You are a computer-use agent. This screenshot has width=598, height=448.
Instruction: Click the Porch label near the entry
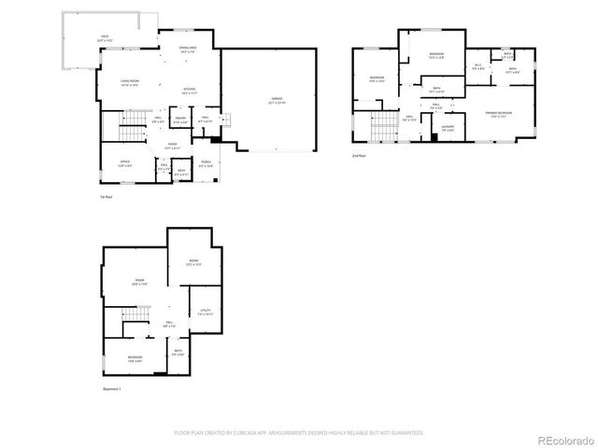pyautogui.click(x=206, y=162)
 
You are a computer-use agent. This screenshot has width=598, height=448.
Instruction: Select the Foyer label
pyautogui.click(x=172, y=145)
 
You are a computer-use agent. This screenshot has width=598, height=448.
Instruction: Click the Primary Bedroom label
pyautogui.click(x=496, y=114)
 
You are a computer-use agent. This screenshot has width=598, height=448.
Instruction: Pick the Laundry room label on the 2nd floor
pyautogui.click(x=448, y=127)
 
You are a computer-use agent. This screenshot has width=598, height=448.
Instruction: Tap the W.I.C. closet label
pyautogui.click(x=477, y=65)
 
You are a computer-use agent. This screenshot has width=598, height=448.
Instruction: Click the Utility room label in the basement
pyautogui.click(x=206, y=312)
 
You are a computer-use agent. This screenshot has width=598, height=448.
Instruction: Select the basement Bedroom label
pyautogui.click(x=135, y=358)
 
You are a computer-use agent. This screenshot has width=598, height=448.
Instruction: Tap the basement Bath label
pyautogui.click(x=178, y=352)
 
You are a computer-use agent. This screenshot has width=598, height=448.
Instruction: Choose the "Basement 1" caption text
pyautogui.click(x=113, y=388)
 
